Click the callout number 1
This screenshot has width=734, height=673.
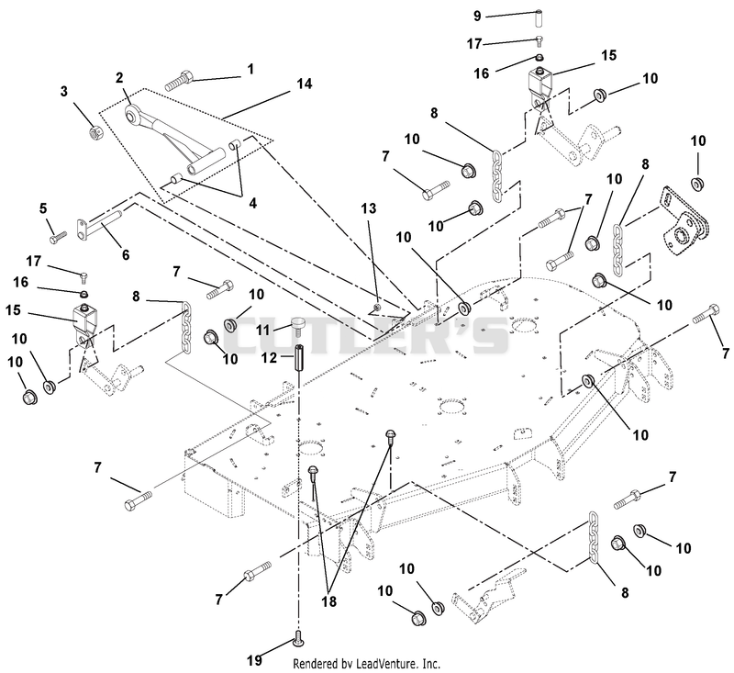pyautogui.click(x=250, y=69)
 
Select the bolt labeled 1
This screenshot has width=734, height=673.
pyautogui.click(x=179, y=80)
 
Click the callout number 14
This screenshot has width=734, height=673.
pyautogui.click(x=305, y=84)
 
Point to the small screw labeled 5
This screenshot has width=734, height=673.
pyautogui.click(x=59, y=237)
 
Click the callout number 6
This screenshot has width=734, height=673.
pyautogui.click(x=126, y=254)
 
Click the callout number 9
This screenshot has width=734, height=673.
pyautogui.click(x=477, y=17)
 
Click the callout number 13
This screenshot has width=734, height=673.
pyautogui.click(x=369, y=208)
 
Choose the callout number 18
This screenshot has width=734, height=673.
pyautogui.click(x=329, y=601)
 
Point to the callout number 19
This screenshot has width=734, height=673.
pyautogui.click(x=254, y=660)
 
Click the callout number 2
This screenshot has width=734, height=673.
pyautogui.click(x=119, y=77)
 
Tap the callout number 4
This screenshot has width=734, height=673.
pyautogui.click(x=253, y=203)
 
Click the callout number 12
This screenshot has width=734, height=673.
pyautogui.click(x=269, y=358)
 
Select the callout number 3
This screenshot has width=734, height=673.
pyautogui.click(x=64, y=91)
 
